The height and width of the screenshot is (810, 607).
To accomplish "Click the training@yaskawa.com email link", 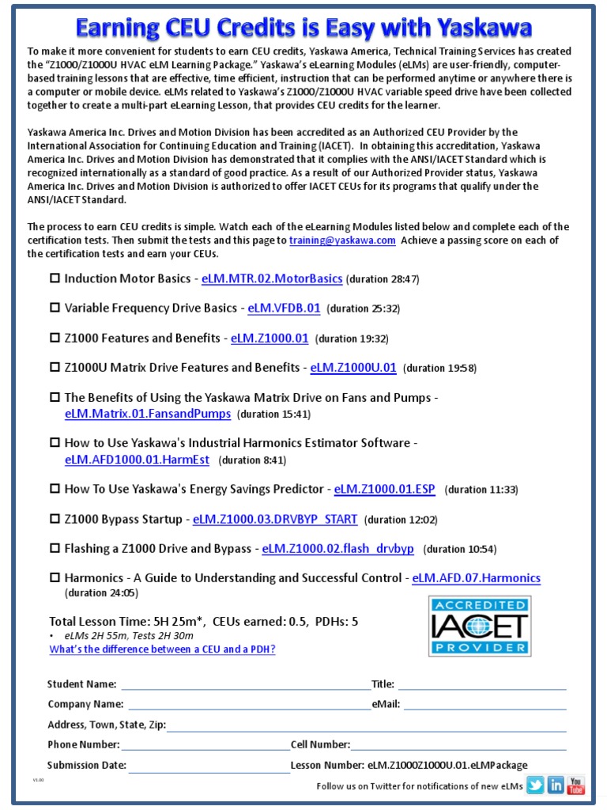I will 342,240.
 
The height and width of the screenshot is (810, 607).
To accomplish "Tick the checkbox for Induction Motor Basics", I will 55,278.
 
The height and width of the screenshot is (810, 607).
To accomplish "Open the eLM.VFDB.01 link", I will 284,308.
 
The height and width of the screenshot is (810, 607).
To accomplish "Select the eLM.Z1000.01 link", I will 270,338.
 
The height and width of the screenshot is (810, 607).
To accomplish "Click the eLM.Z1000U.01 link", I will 353,368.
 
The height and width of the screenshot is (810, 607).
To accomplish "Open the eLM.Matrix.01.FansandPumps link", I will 148,414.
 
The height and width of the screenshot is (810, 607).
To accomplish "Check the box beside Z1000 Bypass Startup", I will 55,519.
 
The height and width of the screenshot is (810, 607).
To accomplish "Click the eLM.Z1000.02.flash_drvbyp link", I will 337,548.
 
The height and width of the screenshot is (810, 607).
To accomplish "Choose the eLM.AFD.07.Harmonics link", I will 476,578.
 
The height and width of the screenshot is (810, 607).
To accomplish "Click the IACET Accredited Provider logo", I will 469,626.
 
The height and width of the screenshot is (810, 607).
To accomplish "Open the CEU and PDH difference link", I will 162,649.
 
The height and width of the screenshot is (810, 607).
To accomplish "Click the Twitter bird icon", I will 536,785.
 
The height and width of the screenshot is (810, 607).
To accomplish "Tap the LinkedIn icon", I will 556,785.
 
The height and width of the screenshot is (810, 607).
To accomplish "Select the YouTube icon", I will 576,785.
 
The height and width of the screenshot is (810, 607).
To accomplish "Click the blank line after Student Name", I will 245,686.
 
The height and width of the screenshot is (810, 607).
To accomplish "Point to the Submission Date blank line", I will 209,766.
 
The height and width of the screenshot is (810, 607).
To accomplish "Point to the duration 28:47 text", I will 383,279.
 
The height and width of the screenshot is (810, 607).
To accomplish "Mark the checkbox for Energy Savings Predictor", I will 55,489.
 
